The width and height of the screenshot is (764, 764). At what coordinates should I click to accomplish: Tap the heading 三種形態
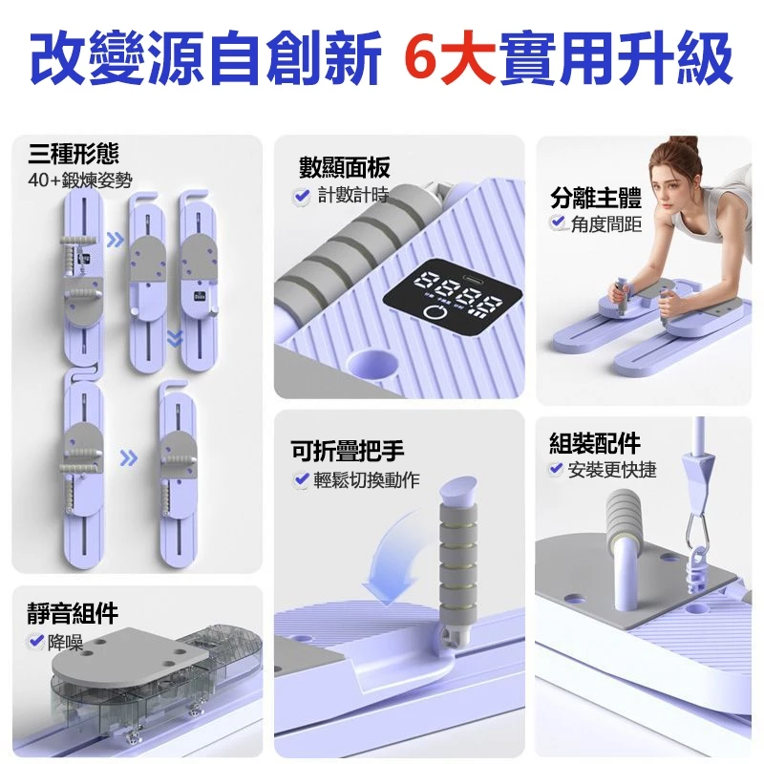click(74, 151)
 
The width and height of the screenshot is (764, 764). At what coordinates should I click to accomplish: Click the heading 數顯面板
click(344, 168)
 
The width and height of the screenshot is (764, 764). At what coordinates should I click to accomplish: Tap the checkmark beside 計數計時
click(301, 196)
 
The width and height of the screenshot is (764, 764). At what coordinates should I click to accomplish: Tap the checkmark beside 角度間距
click(559, 223)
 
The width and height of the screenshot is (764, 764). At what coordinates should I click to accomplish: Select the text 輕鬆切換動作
click(366, 479)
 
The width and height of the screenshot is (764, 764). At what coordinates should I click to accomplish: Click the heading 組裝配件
click(594, 443)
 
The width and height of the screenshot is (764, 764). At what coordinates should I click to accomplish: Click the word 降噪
click(65, 641)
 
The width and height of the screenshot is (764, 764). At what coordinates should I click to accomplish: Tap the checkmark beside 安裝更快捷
click(555, 469)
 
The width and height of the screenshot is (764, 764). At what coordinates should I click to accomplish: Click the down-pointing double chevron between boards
click(175, 336)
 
